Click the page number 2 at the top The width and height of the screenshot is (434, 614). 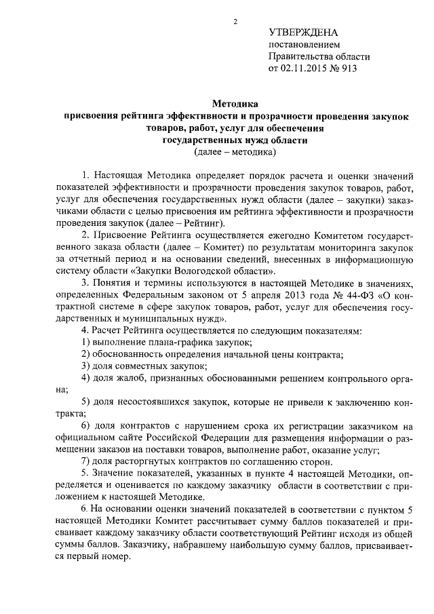point(235,21)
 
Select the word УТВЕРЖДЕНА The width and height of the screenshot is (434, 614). point(303,32)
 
